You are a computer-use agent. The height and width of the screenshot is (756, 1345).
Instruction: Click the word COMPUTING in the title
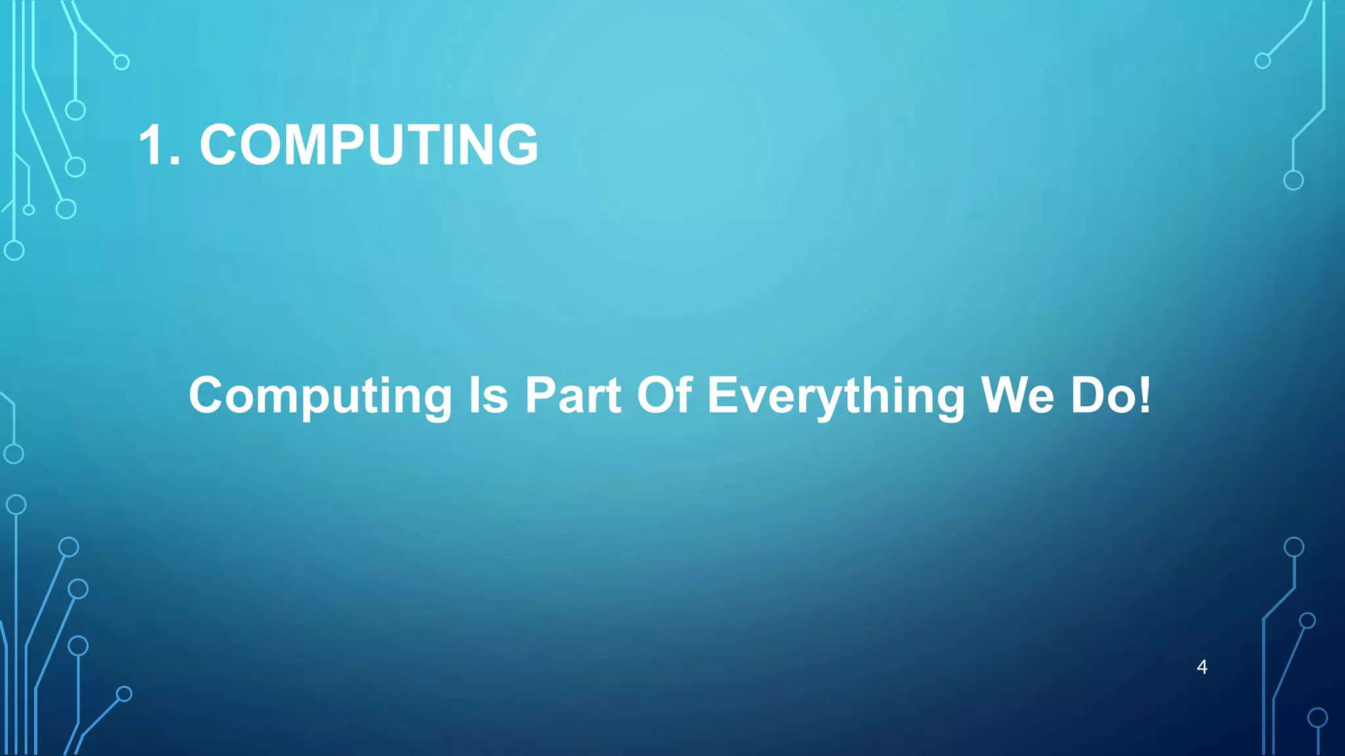click(368, 144)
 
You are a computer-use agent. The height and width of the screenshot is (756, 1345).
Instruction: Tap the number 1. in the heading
click(159, 144)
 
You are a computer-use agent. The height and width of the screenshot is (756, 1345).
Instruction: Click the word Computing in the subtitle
click(320, 396)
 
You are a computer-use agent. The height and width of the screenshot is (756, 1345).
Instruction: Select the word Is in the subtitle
click(488, 396)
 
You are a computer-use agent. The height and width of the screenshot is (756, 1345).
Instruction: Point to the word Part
click(573, 396)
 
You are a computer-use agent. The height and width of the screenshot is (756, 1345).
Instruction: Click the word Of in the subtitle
click(665, 395)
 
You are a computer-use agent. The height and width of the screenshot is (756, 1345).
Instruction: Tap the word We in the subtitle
click(1017, 396)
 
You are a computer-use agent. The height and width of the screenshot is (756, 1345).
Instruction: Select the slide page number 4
click(1202, 667)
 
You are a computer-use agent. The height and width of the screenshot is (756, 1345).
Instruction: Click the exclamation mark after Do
click(1145, 396)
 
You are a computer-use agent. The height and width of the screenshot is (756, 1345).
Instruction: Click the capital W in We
click(1005, 396)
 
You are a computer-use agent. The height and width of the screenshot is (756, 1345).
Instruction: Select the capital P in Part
click(541, 396)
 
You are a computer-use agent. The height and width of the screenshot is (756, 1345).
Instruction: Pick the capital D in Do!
click(1090, 396)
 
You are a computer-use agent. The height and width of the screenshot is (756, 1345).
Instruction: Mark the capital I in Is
click(474, 396)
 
